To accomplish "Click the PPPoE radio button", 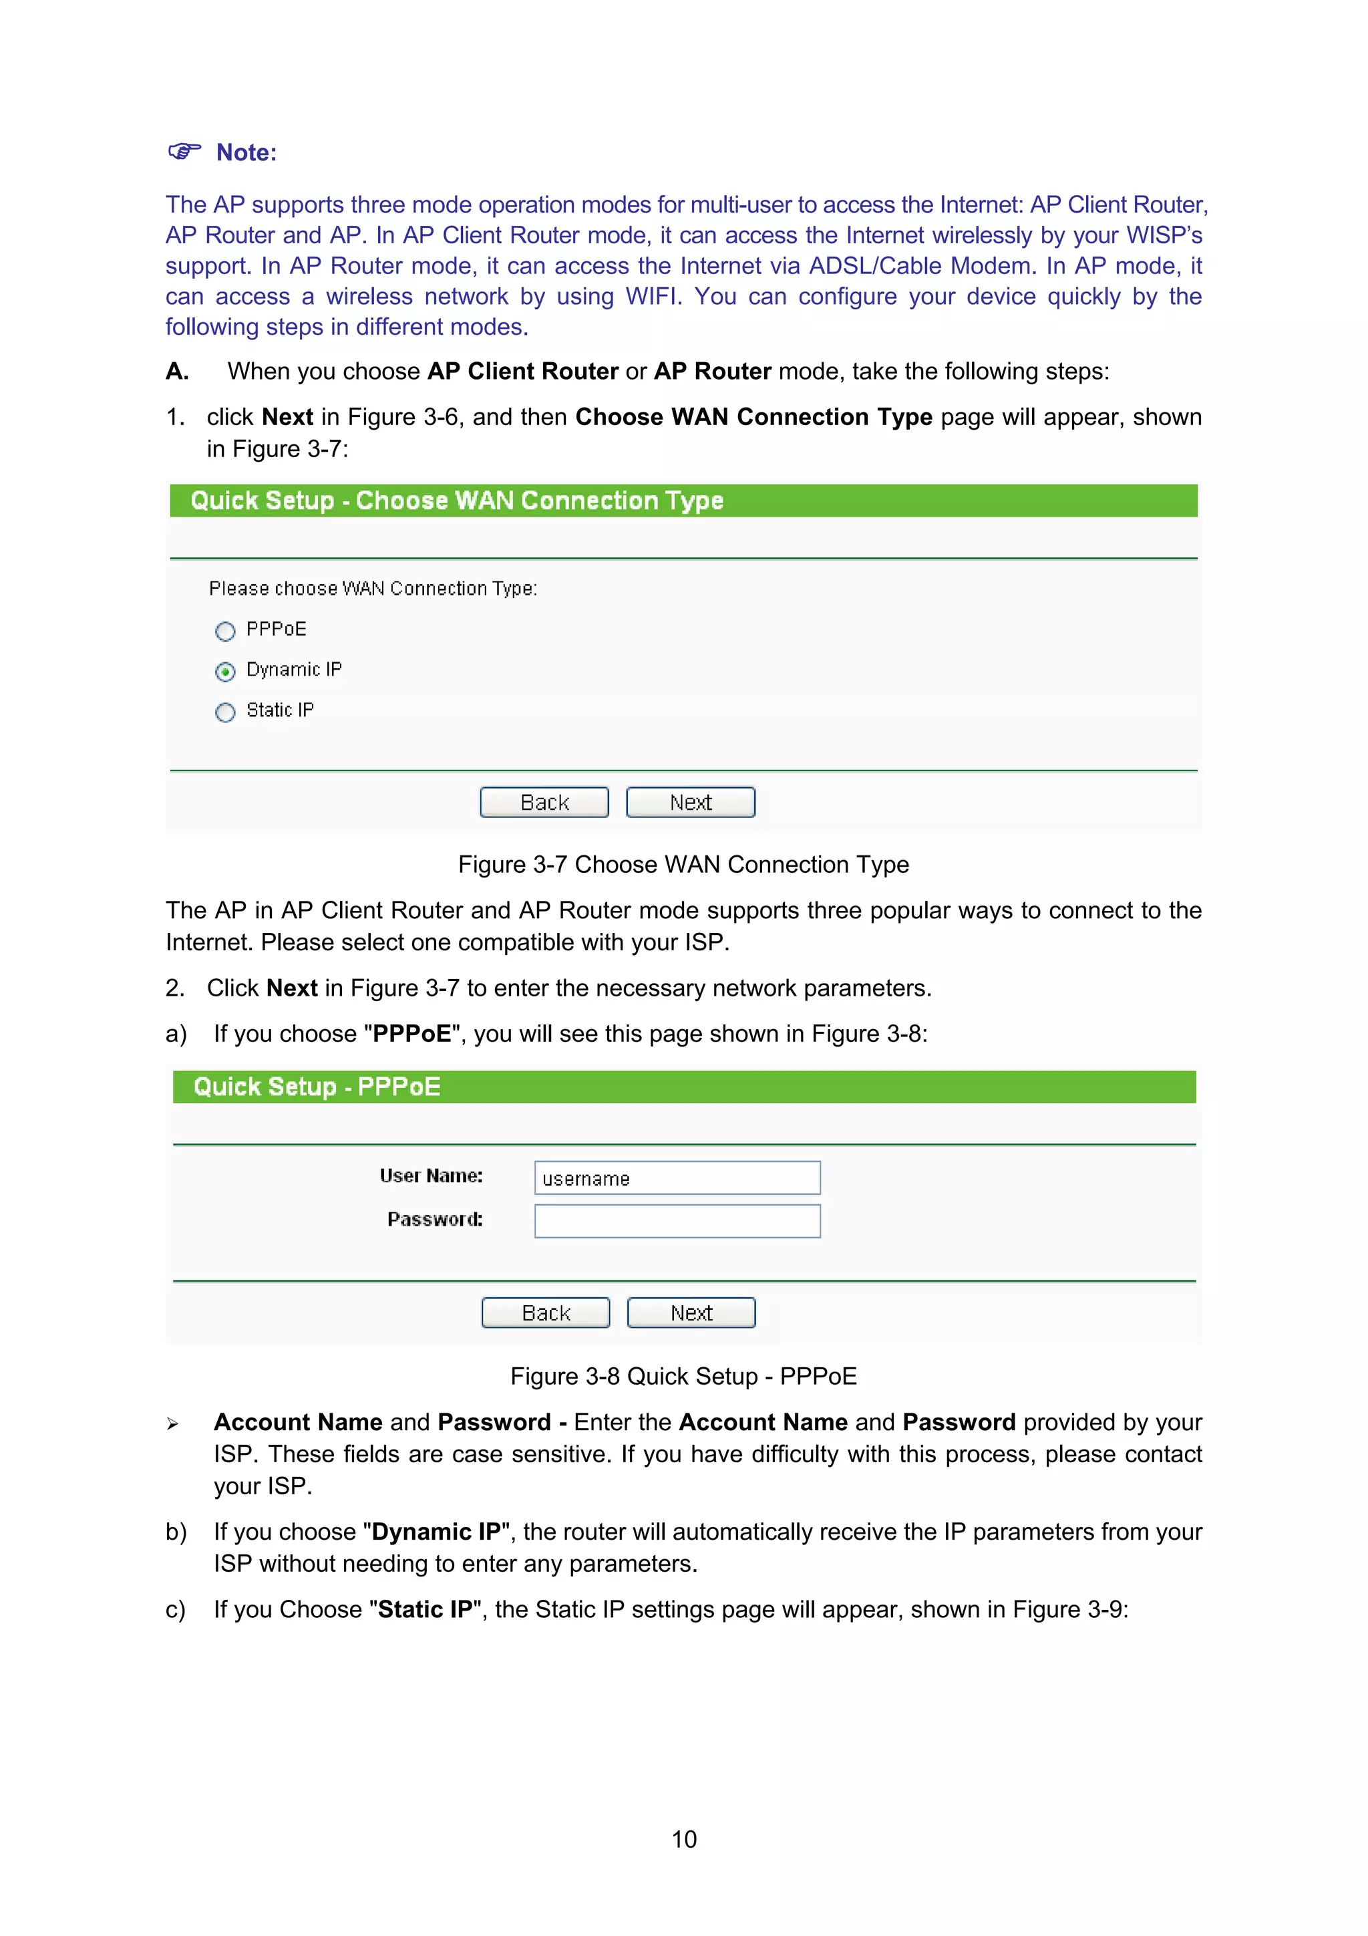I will point(225,632).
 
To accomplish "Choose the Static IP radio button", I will point(225,712).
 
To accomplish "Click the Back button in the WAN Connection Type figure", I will point(544,802).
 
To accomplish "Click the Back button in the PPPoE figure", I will point(545,1313).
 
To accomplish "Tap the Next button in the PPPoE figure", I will point(691,1313).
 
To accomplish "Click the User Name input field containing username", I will point(677,1178).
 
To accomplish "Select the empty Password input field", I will point(677,1221).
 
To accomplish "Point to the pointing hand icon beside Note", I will point(184,152).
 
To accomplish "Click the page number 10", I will point(683,1839).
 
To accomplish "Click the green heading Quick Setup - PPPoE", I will point(317,1087).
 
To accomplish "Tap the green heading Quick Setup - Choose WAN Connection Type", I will point(457,501).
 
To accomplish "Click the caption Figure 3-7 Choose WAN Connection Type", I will point(683,864).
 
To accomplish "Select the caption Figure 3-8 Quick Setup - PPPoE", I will point(683,1376).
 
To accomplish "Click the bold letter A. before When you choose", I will point(177,371).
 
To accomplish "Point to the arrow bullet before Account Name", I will point(173,1424).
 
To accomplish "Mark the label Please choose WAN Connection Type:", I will point(373,589).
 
